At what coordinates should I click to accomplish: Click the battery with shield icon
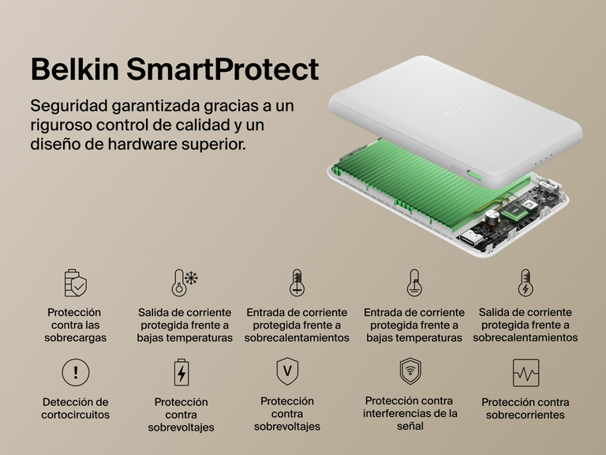75,282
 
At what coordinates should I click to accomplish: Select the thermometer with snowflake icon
184,282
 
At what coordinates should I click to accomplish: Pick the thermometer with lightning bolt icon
525,282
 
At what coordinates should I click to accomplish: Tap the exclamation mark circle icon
75,371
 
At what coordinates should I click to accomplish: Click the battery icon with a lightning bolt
181,372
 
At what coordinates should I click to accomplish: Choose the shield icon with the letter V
286,370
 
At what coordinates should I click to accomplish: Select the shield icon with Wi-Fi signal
410,370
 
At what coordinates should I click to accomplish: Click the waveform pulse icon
525,372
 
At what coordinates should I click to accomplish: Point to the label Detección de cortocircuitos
75,408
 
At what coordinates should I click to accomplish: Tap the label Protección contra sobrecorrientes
525,408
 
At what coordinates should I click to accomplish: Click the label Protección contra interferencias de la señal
410,413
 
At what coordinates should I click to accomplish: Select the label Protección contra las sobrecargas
75,325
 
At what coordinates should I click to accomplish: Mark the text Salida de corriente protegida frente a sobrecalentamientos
525,325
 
